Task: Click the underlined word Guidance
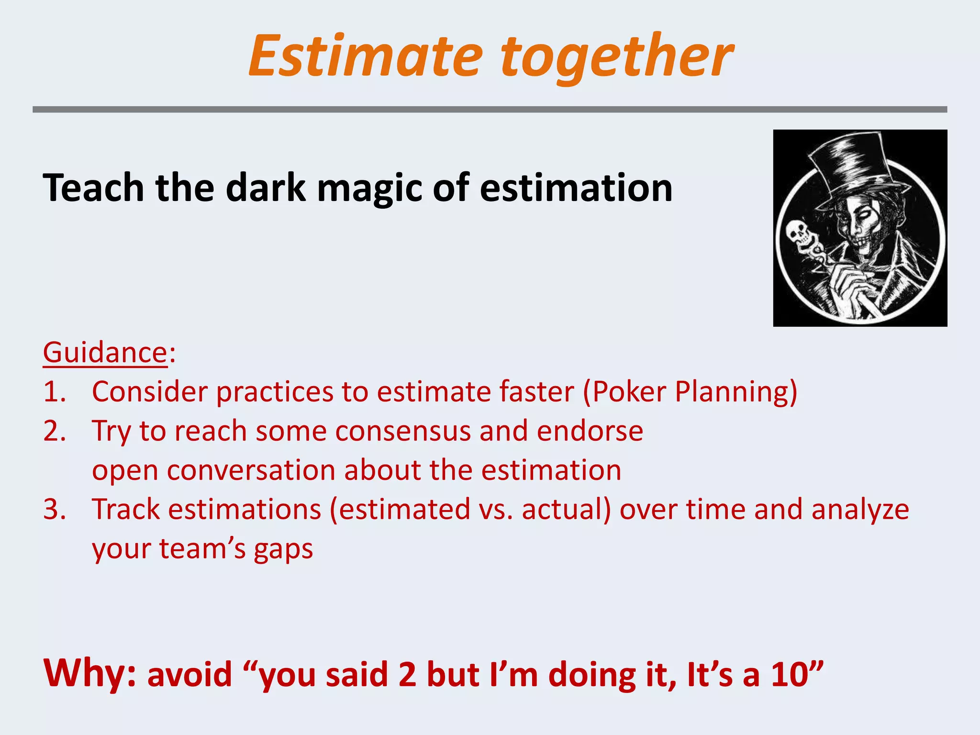tap(105, 353)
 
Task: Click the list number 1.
tap(54, 392)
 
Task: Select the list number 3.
tap(54, 509)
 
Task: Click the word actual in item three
tap(566, 509)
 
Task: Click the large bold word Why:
tap(90, 673)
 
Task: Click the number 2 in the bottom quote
tap(407, 675)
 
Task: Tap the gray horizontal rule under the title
tap(490, 110)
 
